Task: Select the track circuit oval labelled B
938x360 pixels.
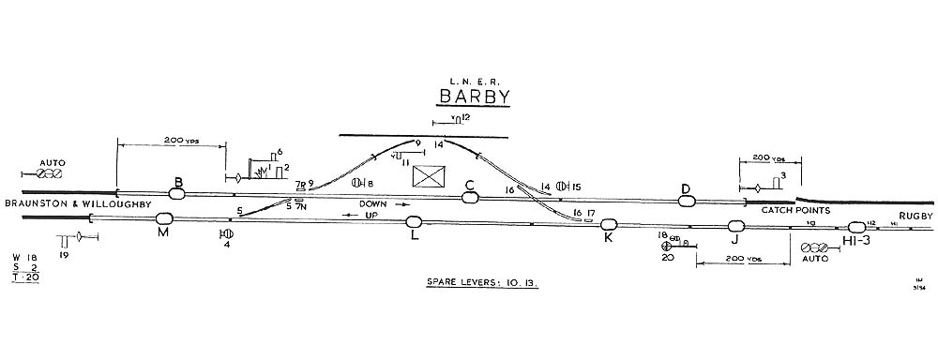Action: pyautogui.click(x=176, y=193)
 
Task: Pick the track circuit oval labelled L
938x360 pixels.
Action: pyautogui.click(x=414, y=222)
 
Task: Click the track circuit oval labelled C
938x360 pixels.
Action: pyautogui.click(x=470, y=196)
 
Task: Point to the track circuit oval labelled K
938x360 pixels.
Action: pyautogui.click(x=609, y=224)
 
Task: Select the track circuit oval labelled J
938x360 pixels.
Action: pyautogui.click(x=736, y=226)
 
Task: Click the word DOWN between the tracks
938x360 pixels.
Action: pyautogui.click(x=372, y=202)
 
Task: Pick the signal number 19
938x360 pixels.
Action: pyautogui.click(x=63, y=255)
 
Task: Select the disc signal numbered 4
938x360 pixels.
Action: pyautogui.click(x=225, y=233)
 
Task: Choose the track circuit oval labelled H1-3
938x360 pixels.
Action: pyautogui.click(x=855, y=228)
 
